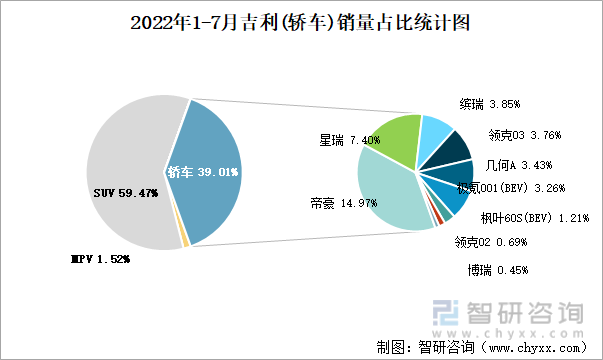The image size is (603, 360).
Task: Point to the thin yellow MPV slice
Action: pyautogui.click(x=185, y=241)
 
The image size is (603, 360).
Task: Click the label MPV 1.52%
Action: pyautogui.click(x=99, y=259)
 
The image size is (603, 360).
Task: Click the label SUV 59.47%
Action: pyautogui.click(x=126, y=194)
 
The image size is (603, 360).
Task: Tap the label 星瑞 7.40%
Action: pyautogui.click(x=350, y=141)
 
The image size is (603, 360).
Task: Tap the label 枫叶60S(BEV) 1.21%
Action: pyautogui.click(x=534, y=217)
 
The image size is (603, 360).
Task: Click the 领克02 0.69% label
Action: pyautogui.click(x=489, y=241)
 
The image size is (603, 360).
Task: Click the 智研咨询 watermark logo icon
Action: pyautogui.click(x=443, y=316)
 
